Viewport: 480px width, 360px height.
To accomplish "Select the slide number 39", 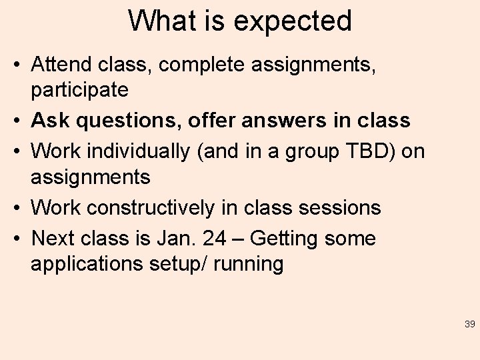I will tap(469, 325).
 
